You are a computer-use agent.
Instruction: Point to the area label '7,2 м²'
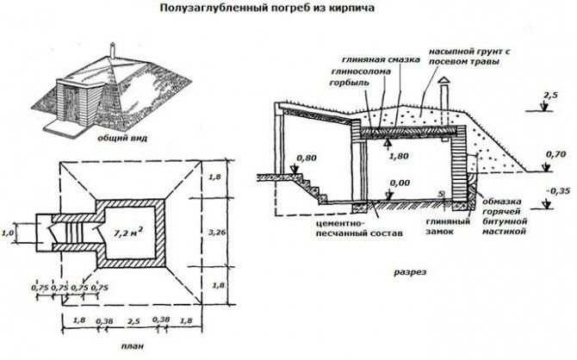click(127, 230)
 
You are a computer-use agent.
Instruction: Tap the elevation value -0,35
click(558, 190)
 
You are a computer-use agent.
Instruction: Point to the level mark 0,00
click(399, 183)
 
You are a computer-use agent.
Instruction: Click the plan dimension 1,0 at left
click(9, 233)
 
